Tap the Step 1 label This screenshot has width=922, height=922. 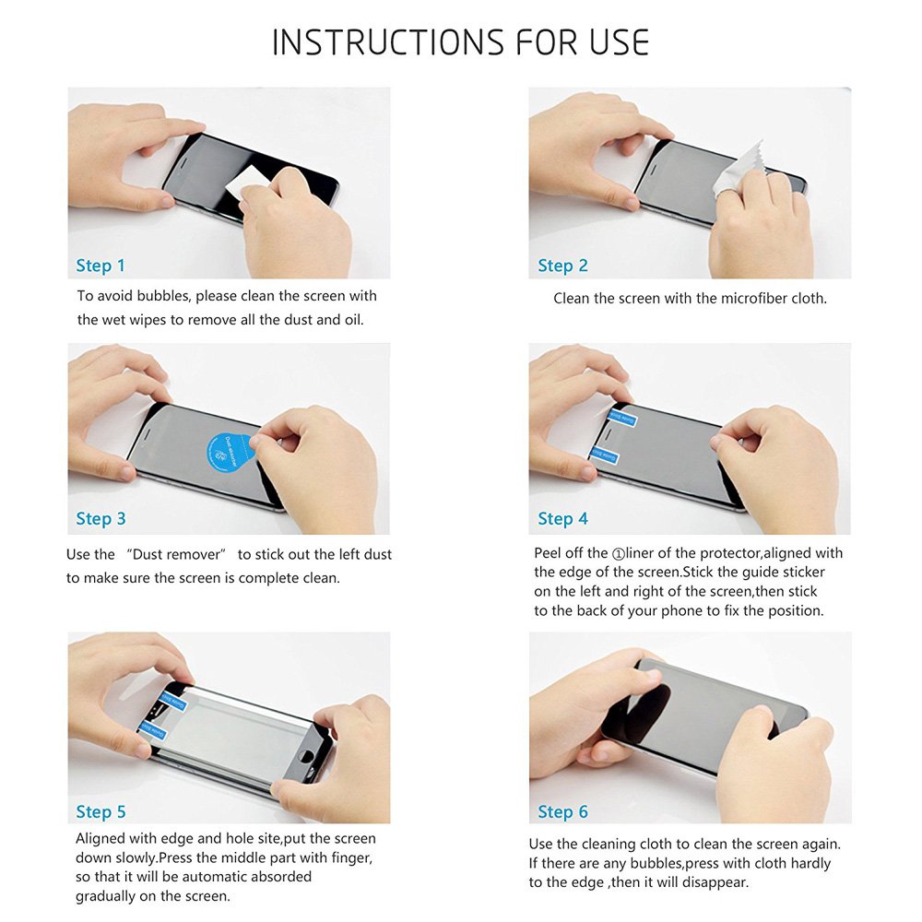click(100, 266)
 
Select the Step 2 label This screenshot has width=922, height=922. click(562, 266)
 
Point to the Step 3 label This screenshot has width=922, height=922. click(100, 518)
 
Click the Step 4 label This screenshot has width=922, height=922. click(562, 518)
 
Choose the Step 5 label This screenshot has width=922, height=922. click(100, 812)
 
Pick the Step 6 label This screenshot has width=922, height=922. click(562, 812)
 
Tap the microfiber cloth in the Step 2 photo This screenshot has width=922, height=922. click(734, 168)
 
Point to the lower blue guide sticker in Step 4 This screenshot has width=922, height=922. click(604, 455)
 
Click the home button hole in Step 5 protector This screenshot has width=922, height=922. click(306, 761)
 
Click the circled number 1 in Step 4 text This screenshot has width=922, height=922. click(618, 554)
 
